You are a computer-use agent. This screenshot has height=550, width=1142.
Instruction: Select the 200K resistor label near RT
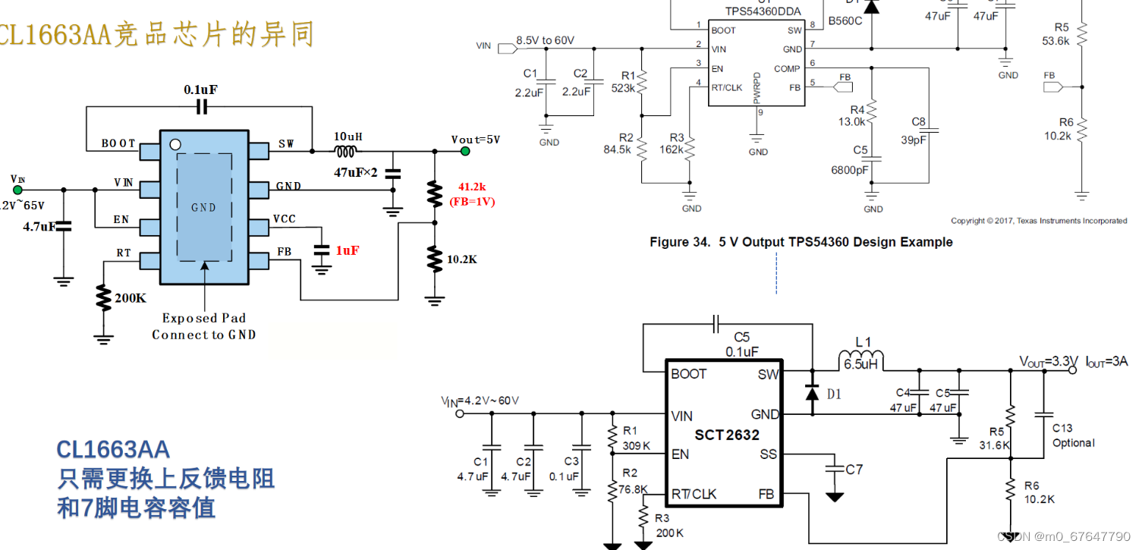(x=130, y=298)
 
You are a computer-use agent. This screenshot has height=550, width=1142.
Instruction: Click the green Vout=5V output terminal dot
(x=465, y=152)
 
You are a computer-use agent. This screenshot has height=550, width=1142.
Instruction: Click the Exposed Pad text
(x=203, y=319)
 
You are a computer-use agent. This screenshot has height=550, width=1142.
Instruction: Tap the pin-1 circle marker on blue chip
(x=175, y=144)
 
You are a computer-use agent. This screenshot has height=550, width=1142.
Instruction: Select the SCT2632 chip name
(x=727, y=435)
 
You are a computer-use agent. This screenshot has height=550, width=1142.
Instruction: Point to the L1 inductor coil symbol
(x=860, y=358)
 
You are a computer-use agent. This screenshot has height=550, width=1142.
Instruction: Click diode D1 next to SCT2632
(x=812, y=393)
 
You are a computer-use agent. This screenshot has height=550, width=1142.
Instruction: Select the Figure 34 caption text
(x=801, y=242)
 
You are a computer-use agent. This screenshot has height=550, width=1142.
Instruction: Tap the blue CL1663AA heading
(x=113, y=449)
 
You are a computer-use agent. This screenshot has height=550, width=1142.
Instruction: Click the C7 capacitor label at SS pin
(x=854, y=470)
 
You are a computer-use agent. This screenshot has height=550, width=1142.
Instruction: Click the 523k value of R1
(x=622, y=88)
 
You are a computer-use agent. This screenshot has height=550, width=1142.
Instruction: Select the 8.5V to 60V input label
(x=545, y=40)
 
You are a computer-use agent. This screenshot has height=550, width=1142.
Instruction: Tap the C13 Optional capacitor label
(x=1073, y=435)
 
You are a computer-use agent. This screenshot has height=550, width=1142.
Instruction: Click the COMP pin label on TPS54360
(x=787, y=68)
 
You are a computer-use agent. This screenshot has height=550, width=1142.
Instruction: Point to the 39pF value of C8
(x=913, y=139)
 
